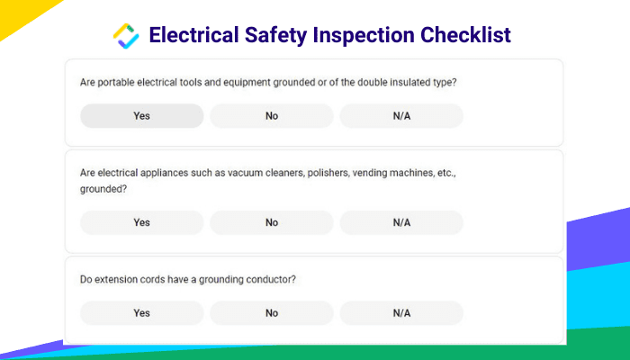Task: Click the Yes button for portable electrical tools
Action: click(142, 116)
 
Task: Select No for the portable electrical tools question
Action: click(272, 116)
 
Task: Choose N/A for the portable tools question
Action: click(401, 116)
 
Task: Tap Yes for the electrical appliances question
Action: click(142, 222)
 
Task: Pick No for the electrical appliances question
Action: click(272, 222)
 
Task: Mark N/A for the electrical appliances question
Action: click(401, 222)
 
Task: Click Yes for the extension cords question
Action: click(142, 312)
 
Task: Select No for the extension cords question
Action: click(272, 312)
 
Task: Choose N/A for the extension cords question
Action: click(401, 312)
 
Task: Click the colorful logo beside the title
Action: click(126, 36)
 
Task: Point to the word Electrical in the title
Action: click(194, 34)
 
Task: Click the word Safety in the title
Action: click(275, 35)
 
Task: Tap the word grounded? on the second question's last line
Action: click(103, 189)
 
